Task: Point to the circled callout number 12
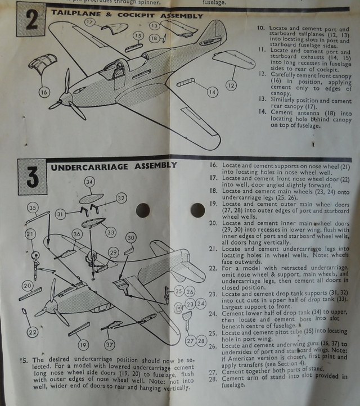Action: (x=231, y=85)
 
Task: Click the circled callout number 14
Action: (x=212, y=92)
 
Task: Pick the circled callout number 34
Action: (x=90, y=182)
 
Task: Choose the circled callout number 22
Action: (x=32, y=333)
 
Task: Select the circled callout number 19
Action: (x=83, y=345)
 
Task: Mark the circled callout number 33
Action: (x=111, y=231)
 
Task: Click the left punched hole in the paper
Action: (x=143, y=210)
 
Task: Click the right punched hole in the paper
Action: (x=197, y=210)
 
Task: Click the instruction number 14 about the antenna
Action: (x=261, y=112)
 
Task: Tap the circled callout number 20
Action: (x=28, y=286)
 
